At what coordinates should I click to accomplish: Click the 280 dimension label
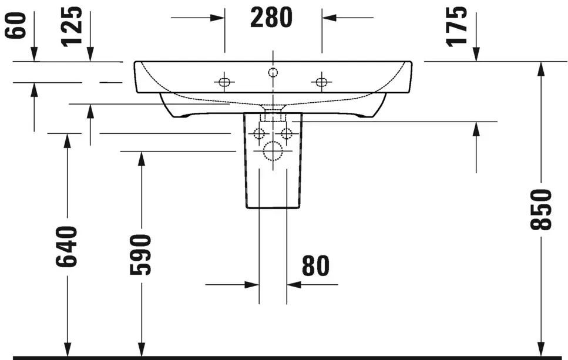tap(271, 18)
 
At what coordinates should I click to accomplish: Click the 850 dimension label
tap(540, 209)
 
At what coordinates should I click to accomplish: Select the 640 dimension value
tap(66, 247)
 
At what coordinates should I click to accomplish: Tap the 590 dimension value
tap(140, 255)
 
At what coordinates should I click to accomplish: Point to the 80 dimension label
tap(315, 266)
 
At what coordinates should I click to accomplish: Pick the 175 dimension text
tap(456, 27)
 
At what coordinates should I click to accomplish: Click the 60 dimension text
tap(16, 25)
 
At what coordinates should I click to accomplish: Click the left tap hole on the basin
tap(224, 82)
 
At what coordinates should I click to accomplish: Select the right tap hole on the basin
tap(321, 82)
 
